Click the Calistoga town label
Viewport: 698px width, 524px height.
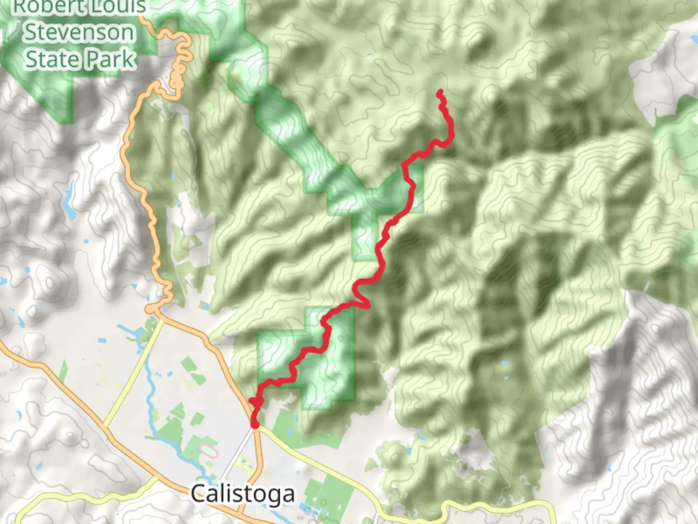[242, 494]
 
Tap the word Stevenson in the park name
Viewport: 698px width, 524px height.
[79, 33]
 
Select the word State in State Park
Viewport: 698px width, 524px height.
[51, 59]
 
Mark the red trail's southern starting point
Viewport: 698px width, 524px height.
[254, 425]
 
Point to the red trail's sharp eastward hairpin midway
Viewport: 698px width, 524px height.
[368, 306]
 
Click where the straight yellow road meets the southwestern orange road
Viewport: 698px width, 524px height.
[105, 427]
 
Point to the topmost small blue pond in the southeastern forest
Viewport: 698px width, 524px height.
[506, 363]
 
